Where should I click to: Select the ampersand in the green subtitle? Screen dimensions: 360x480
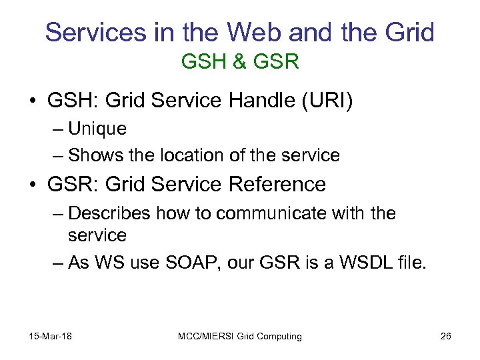point(239,63)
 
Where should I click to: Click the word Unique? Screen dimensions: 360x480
point(97,128)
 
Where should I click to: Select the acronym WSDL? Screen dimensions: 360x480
point(365,263)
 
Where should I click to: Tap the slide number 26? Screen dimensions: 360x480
point(445,336)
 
